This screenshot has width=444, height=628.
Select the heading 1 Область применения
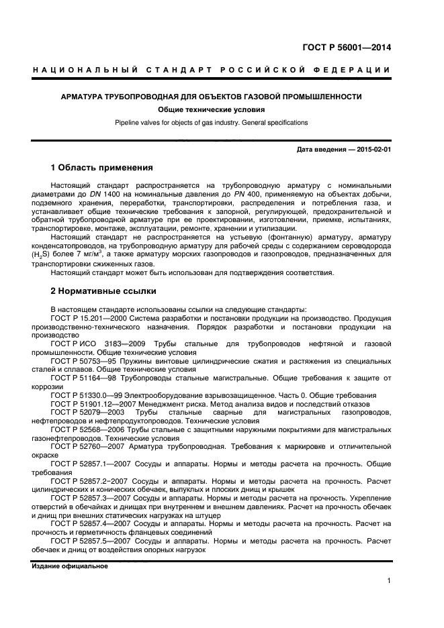coord(103,166)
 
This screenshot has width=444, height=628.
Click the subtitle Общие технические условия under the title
coord(211,109)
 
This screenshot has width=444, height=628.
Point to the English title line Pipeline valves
coord(211,123)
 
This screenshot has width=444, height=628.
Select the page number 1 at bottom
coord(388,582)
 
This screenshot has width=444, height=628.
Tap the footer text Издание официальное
coord(70,566)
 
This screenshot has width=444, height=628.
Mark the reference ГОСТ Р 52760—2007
coord(85,446)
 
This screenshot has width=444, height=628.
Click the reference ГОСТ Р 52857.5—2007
coord(88,541)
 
